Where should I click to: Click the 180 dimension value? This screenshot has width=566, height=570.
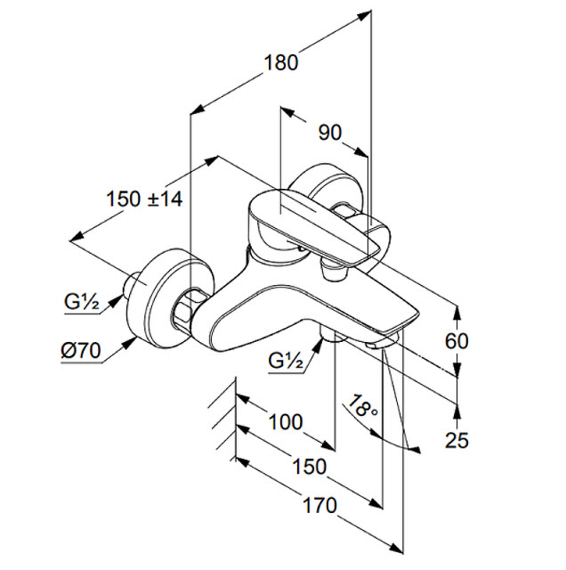point(280,63)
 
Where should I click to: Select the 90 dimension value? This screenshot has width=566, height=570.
point(329,132)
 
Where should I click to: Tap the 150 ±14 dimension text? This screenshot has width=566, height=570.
point(143,199)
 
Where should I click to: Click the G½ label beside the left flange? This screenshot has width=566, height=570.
point(81,301)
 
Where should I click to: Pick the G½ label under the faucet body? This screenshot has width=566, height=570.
point(287,361)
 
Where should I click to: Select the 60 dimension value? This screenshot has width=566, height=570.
point(457,341)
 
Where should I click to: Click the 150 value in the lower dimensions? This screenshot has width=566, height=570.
point(309,466)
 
